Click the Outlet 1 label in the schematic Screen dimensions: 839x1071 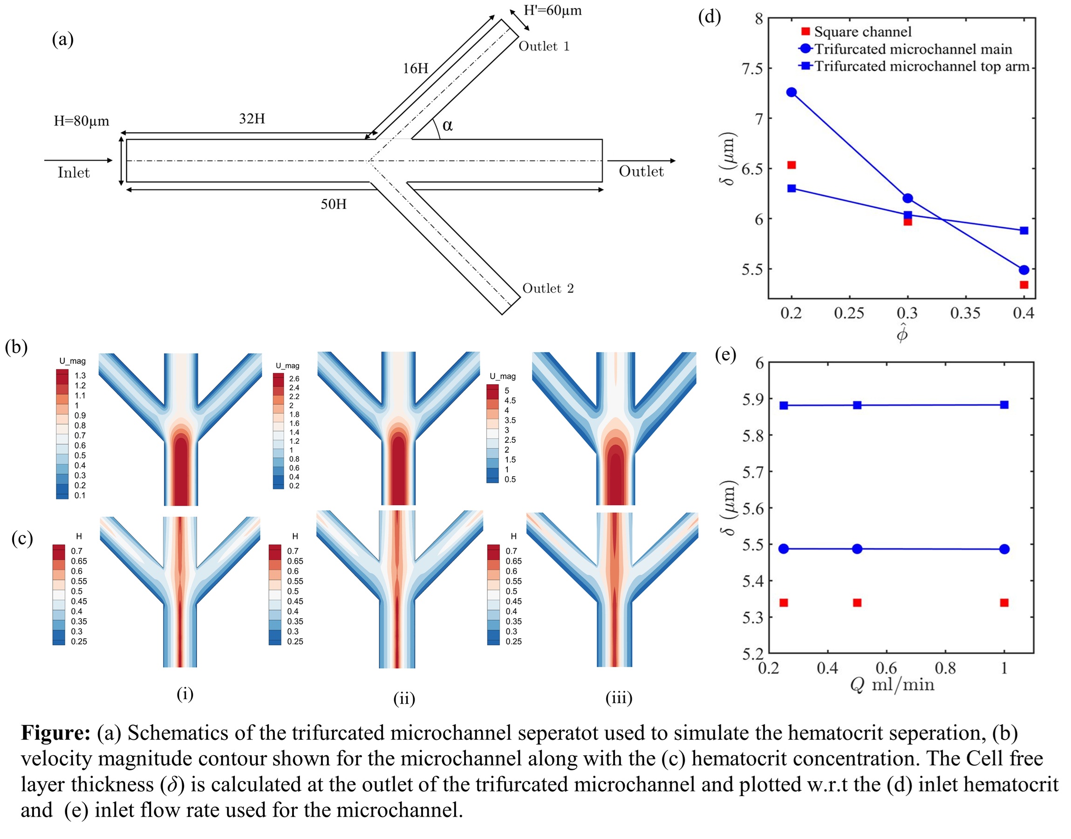(x=544, y=46)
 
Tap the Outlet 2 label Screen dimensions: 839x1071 (x=547, y=288)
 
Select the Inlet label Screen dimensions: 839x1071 (x=74, y=172)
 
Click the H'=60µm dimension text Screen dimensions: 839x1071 (x=553, y=10)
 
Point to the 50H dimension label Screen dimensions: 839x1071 (x=333, y=204)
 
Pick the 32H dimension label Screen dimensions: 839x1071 (x=252, y=119)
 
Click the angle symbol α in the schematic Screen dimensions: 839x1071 (x=447, y=125)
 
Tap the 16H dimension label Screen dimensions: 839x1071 (x=416, y=68)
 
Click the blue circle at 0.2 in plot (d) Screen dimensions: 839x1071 (x=791, y=92)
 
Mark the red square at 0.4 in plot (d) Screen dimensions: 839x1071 (x=1024, y=285)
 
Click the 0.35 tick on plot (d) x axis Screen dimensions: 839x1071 (x=965, y=313)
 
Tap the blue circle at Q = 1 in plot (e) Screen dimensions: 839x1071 (x=1004, y=548)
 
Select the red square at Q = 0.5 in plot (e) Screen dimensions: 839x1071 (x=857, y=603)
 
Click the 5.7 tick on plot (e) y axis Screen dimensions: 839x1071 (x=752, y=472)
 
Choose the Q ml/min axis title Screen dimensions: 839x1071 (x=892, y=684)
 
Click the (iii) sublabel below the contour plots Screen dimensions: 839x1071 (x=619, y=697)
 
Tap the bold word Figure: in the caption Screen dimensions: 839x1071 (x=55, y=733)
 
